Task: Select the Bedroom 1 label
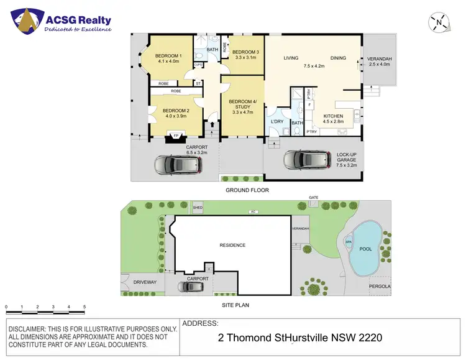(168, 55)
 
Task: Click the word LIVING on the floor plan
(291, 58)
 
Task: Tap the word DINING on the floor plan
(338, 58)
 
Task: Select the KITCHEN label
(334, 116)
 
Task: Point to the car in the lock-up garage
(305, 160)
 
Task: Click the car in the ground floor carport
(176, 165)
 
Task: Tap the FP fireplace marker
(176, 136)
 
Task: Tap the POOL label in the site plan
(365, 248)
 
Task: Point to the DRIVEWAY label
(145, 282)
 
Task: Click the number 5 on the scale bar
(85, 307)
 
